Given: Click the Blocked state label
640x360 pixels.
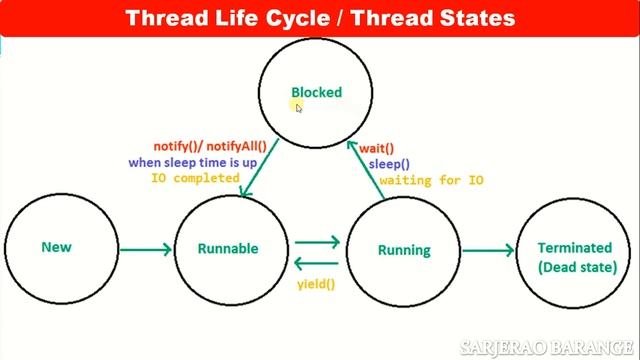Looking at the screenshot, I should point(316,92).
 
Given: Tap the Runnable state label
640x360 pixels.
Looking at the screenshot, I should point(227,249).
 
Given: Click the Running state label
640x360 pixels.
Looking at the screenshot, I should point(404,250).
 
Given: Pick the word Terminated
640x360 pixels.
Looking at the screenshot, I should point(574,248).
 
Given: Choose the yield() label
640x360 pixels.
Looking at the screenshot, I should point(316,284).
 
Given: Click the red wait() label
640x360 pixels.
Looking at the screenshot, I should point(376,148).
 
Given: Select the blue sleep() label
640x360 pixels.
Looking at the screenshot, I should point(389,164).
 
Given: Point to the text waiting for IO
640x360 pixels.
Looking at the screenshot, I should point(432,180).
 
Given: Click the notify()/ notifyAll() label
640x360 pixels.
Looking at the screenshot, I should point(210,146).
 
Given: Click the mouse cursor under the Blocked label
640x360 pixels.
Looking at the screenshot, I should point(299,108).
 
